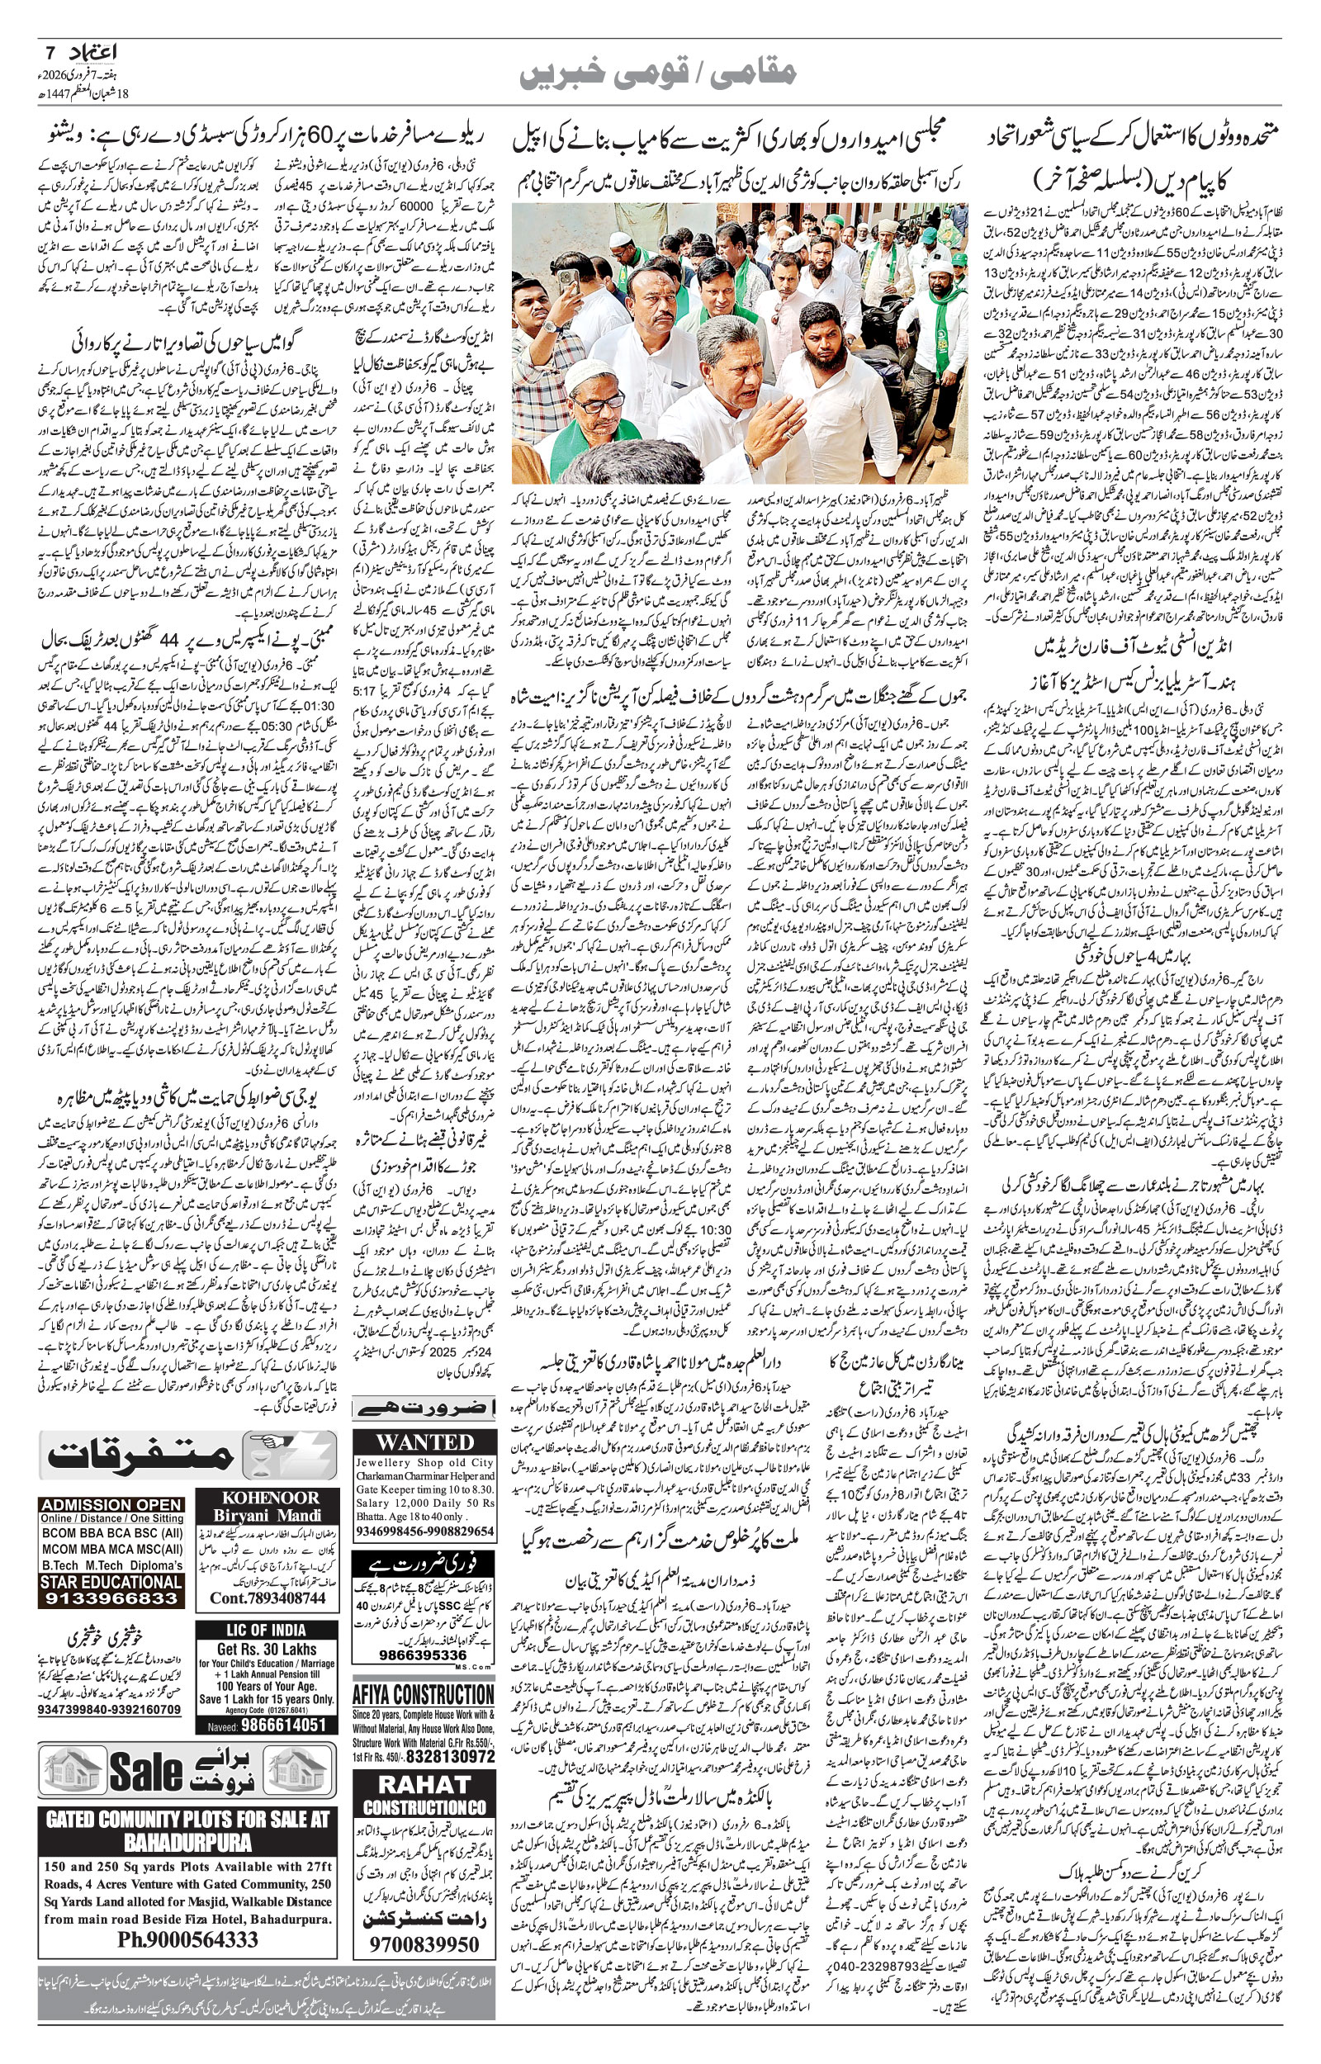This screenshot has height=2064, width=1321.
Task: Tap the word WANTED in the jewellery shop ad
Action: coord(424,1441)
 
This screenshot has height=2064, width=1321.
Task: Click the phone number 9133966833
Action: coord(111,1598)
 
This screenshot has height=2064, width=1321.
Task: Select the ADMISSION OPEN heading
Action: coord(111,1504)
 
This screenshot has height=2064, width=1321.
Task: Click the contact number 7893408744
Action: coord(268,1598)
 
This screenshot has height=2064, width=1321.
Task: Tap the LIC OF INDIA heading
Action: coord(266,1630)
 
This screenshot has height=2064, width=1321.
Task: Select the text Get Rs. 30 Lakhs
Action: coord(266,1648)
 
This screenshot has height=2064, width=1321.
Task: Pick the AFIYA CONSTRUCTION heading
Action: coord(424,1694)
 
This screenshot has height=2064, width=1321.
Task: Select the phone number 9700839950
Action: coord(424,1943)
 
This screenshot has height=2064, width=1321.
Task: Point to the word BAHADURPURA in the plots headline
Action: coord(188,1842)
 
